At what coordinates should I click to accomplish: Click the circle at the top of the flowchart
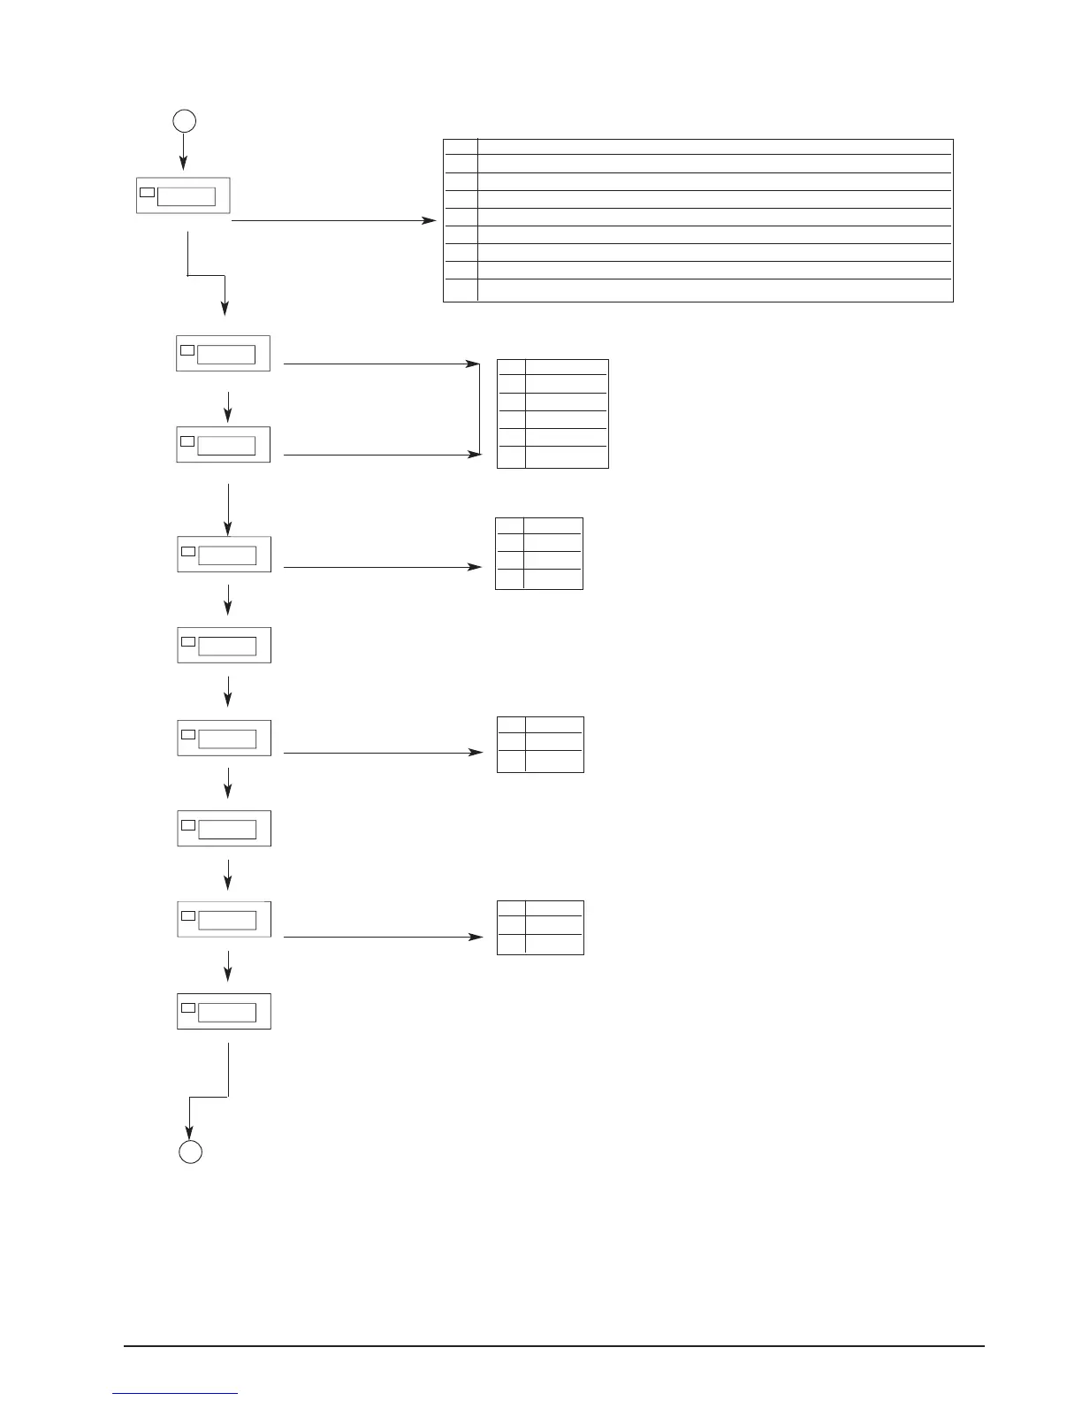183,121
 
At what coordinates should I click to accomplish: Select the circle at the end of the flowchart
190,1152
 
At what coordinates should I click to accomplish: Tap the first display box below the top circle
183,195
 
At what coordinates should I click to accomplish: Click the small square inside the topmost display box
148,192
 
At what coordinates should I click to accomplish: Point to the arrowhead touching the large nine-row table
430,220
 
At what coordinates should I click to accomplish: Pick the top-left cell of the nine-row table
460,146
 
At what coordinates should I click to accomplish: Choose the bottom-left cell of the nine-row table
460,290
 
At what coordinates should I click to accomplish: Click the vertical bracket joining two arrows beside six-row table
479,409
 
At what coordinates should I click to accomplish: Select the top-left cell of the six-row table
511,367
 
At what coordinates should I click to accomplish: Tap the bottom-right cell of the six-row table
567,456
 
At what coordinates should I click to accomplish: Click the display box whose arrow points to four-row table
224,554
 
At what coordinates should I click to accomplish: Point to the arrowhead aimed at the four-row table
476,566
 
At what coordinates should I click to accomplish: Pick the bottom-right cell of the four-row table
553,579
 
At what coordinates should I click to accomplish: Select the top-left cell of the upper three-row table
511,724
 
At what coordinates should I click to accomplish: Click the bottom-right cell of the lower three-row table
554,944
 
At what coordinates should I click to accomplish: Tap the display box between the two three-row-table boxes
224,828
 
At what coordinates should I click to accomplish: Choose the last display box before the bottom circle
224,1011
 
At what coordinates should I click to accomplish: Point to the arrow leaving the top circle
183,150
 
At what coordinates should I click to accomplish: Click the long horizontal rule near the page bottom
553,1346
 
